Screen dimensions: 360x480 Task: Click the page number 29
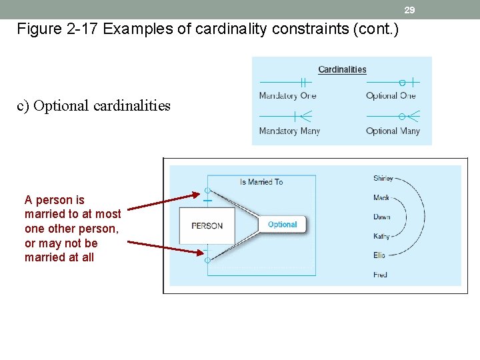click(410, 10)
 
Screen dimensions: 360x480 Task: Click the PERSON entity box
click(207, 225)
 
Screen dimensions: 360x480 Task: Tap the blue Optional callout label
click(282, 225)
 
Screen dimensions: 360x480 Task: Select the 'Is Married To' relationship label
click(261, 181)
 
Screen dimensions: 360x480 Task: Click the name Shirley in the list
click(383, 179)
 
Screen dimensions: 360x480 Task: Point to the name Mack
click(381, 198)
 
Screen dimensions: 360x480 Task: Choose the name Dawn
click(382, 217)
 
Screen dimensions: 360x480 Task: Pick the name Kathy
click(382, 236)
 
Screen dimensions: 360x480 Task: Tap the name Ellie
click(380, 255)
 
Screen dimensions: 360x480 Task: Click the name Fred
click(380, 275)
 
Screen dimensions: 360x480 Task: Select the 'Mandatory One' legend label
click(287, 95)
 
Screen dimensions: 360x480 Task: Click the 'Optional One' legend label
click(391, 95)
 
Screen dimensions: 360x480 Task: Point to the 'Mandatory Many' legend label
click(289, 131)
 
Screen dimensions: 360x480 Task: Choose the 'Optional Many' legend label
click(393, 131)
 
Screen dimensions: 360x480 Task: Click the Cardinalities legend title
click(342, 69)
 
